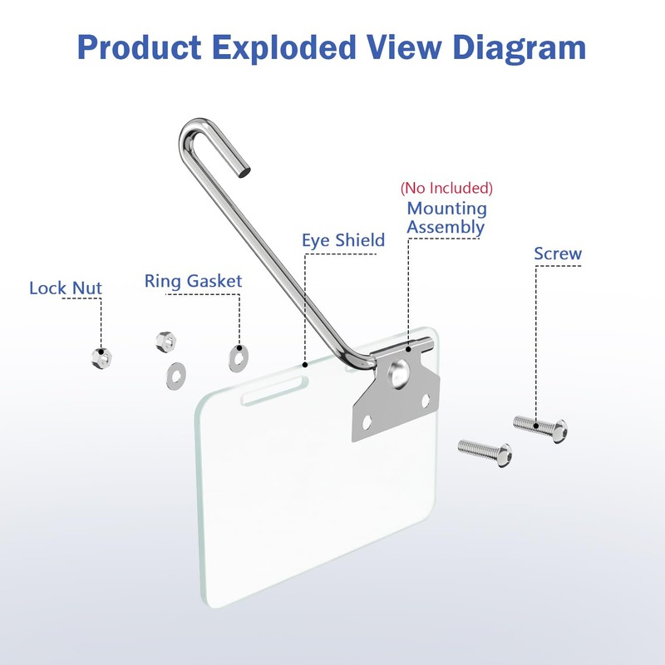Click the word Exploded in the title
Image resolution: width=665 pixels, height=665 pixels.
283,48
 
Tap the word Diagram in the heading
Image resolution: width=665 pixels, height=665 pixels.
519,48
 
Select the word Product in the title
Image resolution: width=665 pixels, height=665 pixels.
139,47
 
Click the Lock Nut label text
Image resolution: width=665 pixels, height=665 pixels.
66,288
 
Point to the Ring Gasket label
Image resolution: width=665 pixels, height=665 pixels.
193,281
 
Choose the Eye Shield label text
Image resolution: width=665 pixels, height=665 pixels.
343,240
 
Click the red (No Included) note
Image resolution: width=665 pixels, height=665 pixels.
446,188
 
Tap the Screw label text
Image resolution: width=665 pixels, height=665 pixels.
558,254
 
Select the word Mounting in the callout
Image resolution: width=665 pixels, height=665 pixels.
446,209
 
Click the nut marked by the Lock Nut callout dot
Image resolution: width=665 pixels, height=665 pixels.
101,358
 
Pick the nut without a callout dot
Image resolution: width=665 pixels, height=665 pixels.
165,342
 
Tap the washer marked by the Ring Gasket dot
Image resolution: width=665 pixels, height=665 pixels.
238,358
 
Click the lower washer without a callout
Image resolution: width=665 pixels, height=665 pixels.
176,377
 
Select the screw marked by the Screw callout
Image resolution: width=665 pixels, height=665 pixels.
540,428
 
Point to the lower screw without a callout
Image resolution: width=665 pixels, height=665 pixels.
485,452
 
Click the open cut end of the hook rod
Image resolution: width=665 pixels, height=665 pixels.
244,172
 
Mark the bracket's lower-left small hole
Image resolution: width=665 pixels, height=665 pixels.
367,422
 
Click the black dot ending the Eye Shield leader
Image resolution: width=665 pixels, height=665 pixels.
304,365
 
